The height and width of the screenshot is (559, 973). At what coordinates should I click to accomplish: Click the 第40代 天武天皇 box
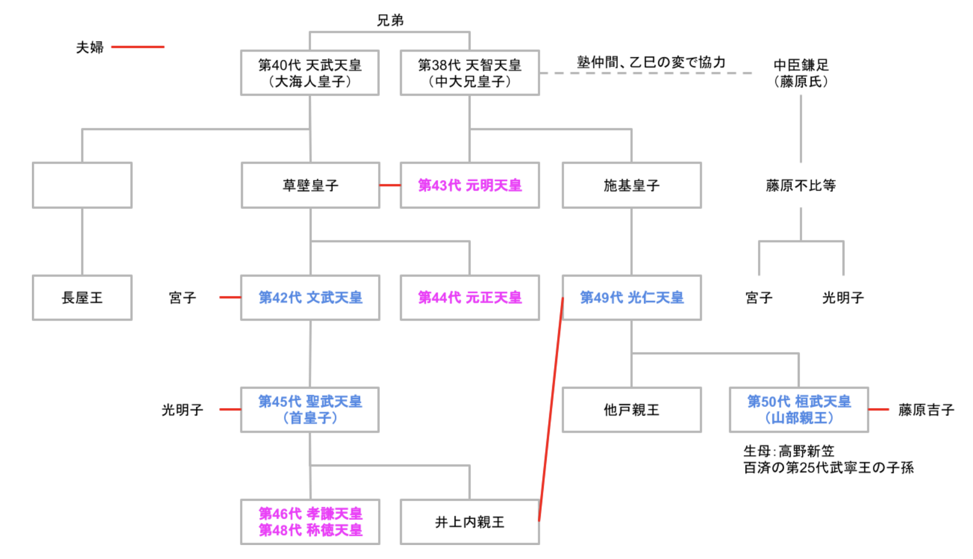pos(309,73)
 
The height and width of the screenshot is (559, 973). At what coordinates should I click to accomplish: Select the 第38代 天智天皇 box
pos(469,73)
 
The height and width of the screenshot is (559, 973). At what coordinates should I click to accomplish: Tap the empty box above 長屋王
pos(82,185)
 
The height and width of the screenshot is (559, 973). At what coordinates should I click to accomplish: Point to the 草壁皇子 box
pos(310,185)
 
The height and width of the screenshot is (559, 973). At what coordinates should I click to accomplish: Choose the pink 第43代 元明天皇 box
pos(469,185)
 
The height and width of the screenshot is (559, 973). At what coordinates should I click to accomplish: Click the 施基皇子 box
pos(631,185)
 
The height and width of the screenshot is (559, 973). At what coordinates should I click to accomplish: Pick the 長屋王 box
pos(82,297)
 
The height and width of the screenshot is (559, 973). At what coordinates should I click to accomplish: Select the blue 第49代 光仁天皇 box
pos(631,297)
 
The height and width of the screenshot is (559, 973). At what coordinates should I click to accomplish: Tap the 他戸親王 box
pos(631,410)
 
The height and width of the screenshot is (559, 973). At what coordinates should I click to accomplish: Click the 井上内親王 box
pos(469,522)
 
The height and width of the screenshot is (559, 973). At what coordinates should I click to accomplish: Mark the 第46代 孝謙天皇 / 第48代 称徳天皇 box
pos(310,522)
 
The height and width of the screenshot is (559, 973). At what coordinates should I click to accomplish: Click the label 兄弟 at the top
pos(390,20)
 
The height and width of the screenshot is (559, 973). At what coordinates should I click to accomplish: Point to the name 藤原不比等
pos(801,185)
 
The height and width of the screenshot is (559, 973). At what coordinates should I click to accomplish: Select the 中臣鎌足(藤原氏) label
pos(801,73)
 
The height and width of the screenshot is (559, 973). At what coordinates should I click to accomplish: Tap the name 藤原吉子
pos(926,410)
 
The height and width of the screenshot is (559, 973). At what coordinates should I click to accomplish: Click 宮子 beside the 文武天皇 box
pos(182,297)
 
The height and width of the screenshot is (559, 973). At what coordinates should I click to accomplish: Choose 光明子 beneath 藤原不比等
pos(843,297)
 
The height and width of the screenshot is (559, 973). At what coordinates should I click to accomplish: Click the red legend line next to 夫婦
pos(138,47)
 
